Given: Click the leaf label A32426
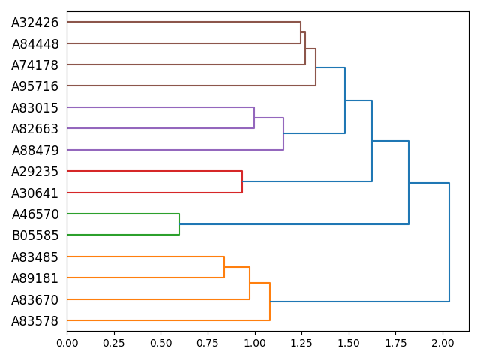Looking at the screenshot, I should [34, 22].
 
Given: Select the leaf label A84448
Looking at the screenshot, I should [34, 44].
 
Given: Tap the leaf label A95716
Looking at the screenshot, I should [34, 86].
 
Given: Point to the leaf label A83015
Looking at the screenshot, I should [34, 108].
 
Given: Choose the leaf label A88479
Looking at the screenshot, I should [34, 151].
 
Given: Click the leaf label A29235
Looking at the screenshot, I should [34, 172].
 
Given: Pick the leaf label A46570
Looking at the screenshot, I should [34, 214].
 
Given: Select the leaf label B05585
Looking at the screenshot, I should [34, 235].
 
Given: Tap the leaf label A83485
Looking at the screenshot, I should [34, 257].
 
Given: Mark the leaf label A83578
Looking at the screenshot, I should [34, 321].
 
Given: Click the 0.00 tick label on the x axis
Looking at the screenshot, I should [67, 343].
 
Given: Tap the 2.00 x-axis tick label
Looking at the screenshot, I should [442, 343].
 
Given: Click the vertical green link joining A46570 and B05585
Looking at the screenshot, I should [179, 224].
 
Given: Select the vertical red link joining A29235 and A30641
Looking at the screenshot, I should [242, 182].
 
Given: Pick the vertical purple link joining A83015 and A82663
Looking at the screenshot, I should [254, 118].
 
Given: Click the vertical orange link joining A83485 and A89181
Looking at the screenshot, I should [224, 267].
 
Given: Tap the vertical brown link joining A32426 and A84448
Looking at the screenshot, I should [301, 32].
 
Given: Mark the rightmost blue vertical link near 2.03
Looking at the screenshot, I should [449, 242].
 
